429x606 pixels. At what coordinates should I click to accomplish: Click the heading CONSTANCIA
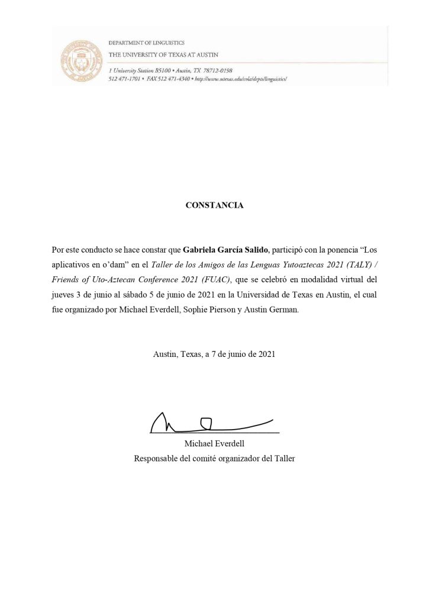(214, 205)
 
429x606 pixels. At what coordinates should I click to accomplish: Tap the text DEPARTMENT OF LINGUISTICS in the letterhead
(146, 43)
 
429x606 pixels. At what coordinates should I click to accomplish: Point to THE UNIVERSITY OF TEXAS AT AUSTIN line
(163, 55)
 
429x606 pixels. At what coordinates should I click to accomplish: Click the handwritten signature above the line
(210, 422)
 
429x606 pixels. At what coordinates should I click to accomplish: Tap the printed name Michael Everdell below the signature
(214, 444)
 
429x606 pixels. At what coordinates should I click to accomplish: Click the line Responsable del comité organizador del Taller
(214, 458)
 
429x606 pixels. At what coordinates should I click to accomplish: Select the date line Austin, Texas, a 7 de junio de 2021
(214, 354)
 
